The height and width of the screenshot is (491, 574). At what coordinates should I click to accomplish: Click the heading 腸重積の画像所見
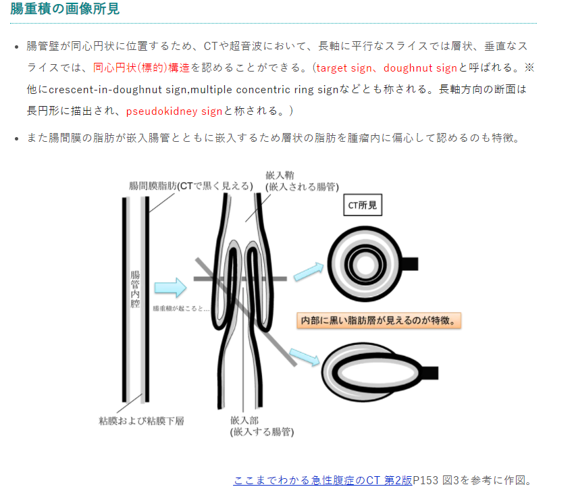(66, 10)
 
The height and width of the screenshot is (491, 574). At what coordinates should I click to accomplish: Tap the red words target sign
(345, 68)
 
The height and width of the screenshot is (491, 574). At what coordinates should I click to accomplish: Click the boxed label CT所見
(363, 207)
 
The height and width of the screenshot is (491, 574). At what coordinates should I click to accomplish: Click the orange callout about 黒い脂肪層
(380, 320)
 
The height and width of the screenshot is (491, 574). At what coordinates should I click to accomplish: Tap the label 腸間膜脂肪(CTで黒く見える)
(191, 185)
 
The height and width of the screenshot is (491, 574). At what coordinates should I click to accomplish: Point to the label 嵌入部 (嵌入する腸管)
(261, 425)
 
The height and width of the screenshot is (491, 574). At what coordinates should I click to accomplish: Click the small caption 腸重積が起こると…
(181, 308)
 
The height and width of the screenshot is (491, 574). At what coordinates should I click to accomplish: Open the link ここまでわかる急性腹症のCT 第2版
(323, 480)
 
